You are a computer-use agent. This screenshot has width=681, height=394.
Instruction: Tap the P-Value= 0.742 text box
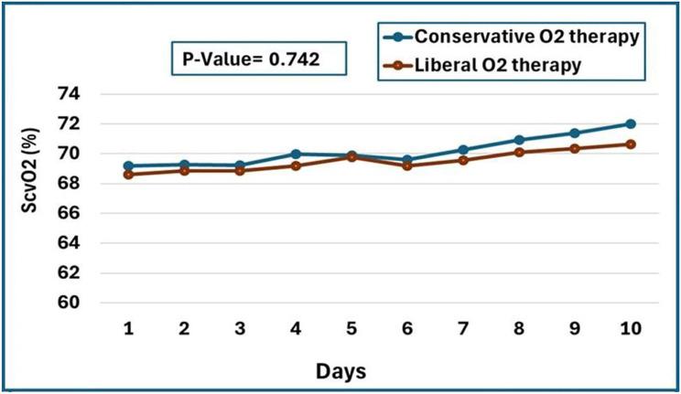coord(255,61)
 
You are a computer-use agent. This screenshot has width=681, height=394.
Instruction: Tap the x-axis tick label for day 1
coord(129,328)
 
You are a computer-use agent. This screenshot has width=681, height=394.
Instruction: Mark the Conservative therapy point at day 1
coord(129,166)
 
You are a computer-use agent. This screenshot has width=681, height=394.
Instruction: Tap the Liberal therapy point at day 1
coord(129,175)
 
